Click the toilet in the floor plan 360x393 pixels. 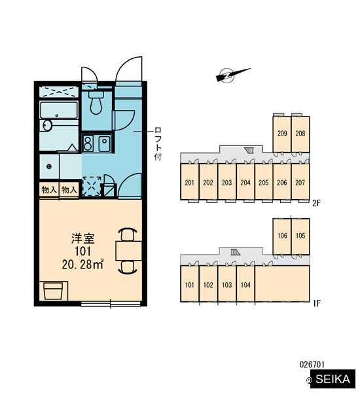pyautogui.click(x=96, y=103)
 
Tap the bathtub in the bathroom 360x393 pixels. pyautogui.click(x=59, y=110)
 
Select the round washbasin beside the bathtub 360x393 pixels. pyautogui.click(x=46, y=125)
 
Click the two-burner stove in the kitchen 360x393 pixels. pyautogui.click(x=88, y=143)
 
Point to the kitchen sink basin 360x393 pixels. pyautogui.click(x=105, y=143)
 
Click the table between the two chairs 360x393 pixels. pyautogui.click(x=129, y=250)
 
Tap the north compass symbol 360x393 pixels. pyautogui.click(x=233, y=75)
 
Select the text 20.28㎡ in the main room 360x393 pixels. pyautogui.click(x=82, y=265)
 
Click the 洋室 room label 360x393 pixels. pyautogui.click(x=83, y=238)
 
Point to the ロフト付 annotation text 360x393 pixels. pyautogui.click(x=158, y=143)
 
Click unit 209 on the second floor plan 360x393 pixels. pyautogui.click(x=282, y=134)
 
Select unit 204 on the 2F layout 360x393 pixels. pyautogui.click(x=245, y=183)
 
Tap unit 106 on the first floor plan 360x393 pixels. pyautogui.click(x=282, y=236)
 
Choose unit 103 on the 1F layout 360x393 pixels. pyautogui.click(x=226, y=285)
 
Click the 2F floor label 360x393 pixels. pyautogui.click(x=316, y=203)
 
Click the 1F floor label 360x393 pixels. pyautogui.click(x=317, y=303)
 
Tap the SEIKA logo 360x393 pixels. pyautogui.click(x=333, y=379)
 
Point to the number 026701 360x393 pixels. pyautogui.click(x=312, y=364)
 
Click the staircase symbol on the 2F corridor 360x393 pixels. pyautogui.click(x=249, y=151)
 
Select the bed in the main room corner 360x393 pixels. pyautogui.click(x=54, y=290)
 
